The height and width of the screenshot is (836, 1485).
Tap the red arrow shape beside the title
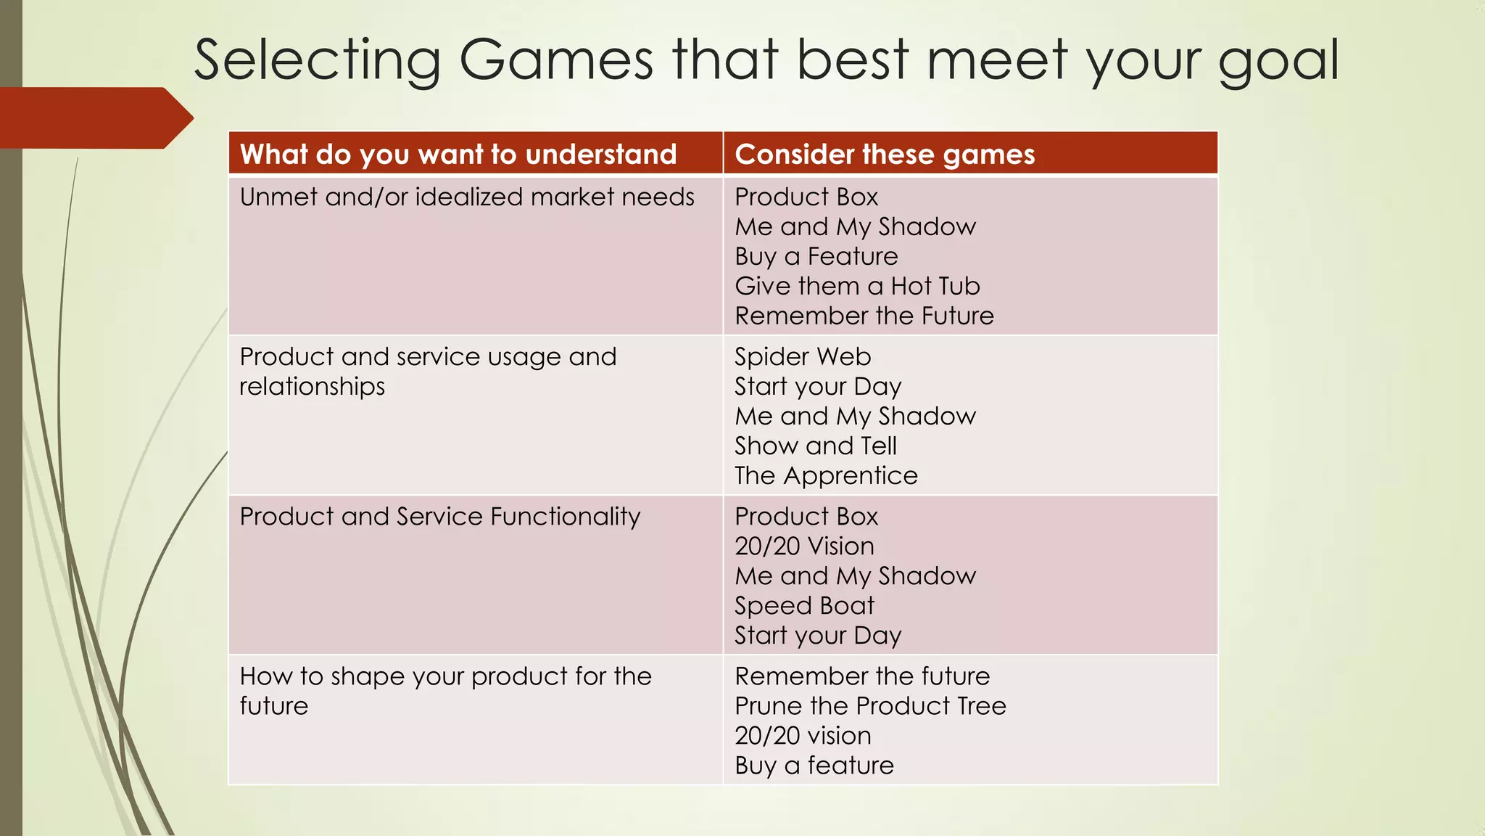94,118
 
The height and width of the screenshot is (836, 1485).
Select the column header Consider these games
885,155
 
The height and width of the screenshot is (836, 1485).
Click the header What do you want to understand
458,155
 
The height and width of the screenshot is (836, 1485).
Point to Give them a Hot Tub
857,286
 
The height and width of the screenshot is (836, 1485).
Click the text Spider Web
803,356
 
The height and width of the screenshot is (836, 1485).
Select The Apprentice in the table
826,475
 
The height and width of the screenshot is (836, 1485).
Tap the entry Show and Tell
816,446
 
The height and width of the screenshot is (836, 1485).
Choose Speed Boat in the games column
804,605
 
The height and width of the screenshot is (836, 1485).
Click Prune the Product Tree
870,705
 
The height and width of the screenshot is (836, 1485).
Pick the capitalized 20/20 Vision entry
804,546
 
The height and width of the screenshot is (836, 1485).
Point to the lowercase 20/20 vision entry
803,735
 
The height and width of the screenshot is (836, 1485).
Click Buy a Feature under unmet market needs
816,256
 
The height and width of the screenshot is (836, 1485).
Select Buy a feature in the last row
814,765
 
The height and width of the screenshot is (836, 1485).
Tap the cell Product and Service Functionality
440,516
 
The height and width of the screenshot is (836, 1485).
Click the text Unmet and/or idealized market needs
467,197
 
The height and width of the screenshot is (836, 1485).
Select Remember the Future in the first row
864,316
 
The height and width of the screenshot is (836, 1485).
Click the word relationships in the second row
312,386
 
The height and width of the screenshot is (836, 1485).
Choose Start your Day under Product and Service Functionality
818,635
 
